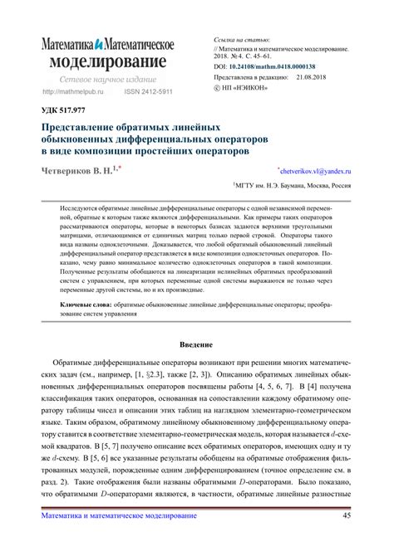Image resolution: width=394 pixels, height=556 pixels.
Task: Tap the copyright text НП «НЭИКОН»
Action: pyautogui.click(x=249, y=86)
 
